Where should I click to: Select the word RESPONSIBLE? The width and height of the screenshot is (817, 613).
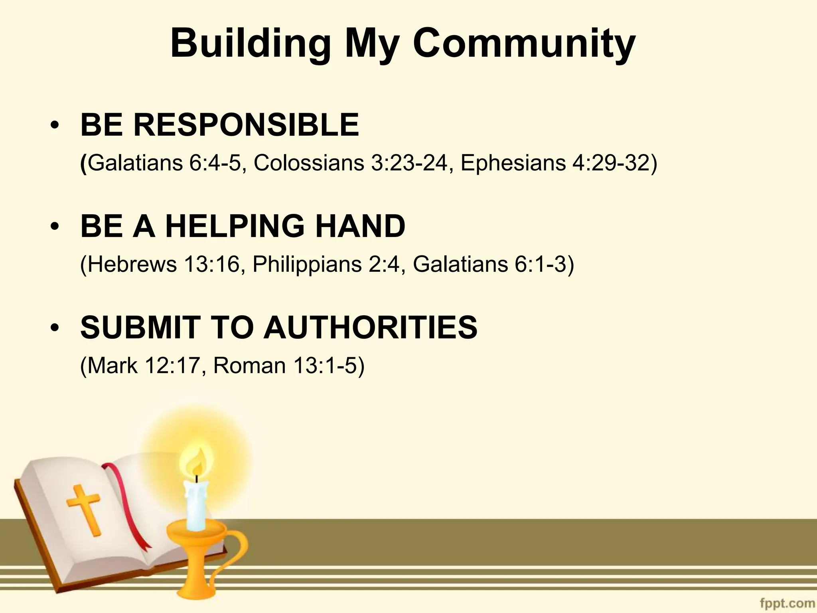(x=246, y=125)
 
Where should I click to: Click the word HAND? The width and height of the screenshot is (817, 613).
(x=360, y=226)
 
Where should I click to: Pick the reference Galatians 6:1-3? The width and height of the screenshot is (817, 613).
(x=493, y=264)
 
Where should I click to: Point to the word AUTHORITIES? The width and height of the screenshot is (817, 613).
(x=371, y=327)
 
